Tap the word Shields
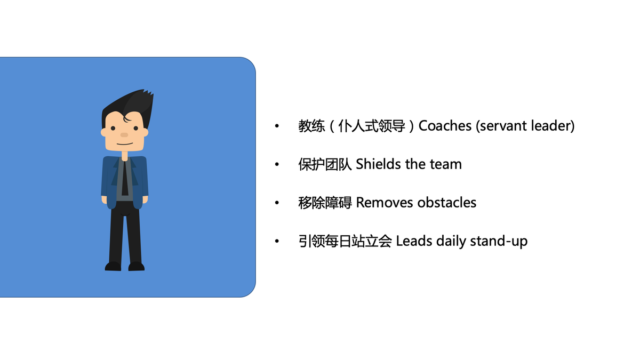(379, 164)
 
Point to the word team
(445, 164)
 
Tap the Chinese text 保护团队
(325, 164)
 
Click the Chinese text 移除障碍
(325, 203)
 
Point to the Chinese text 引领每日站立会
(345, 241)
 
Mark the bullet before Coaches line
(277, 127)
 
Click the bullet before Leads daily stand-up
(277, 242)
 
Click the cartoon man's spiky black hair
(131, 104)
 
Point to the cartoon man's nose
(124, 134)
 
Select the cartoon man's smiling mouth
(124, 143)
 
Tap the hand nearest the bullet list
(145, 199)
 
